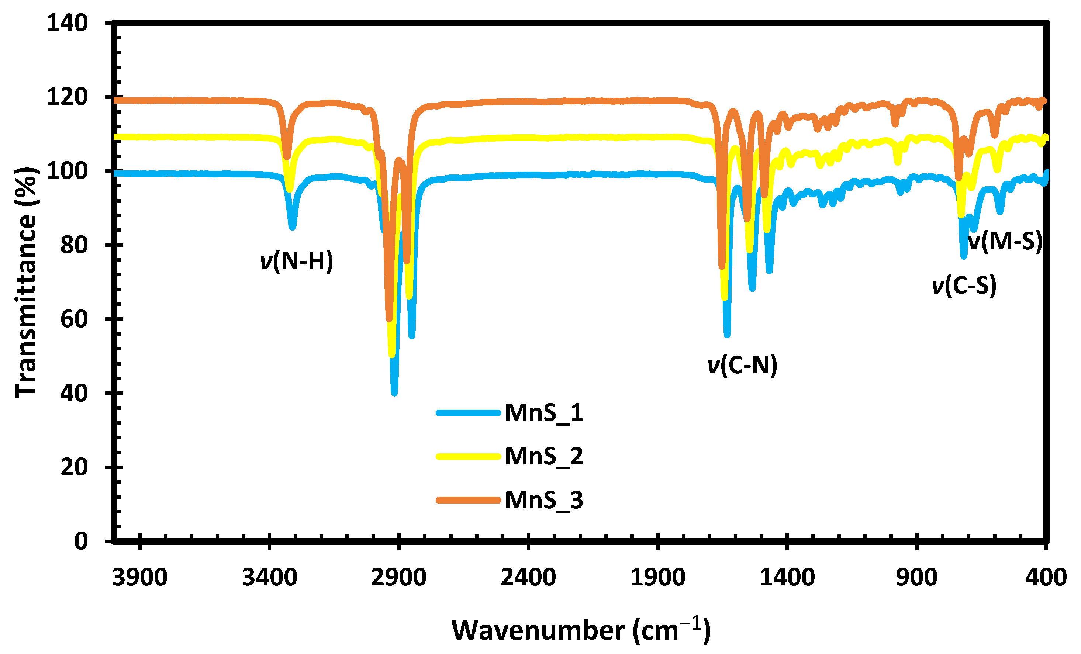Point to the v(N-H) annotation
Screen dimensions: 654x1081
pos(297,262)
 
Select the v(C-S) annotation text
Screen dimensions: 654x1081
pos(964,286)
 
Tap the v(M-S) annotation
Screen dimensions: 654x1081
pos(1004,241)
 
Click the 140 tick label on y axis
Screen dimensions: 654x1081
pos(67,23)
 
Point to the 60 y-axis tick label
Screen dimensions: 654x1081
pos(74,319)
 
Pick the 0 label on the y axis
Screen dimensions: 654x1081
pos(81,541)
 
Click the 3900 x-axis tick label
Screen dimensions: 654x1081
pos(139,578)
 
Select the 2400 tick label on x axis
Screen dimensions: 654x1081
pos(528,578)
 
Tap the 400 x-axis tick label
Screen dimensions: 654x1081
pos(1046,578)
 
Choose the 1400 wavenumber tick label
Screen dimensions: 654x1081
pos(787,578)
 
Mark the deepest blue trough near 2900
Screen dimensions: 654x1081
pos(394,391)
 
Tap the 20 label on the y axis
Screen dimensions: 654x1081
pos(74,467)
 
